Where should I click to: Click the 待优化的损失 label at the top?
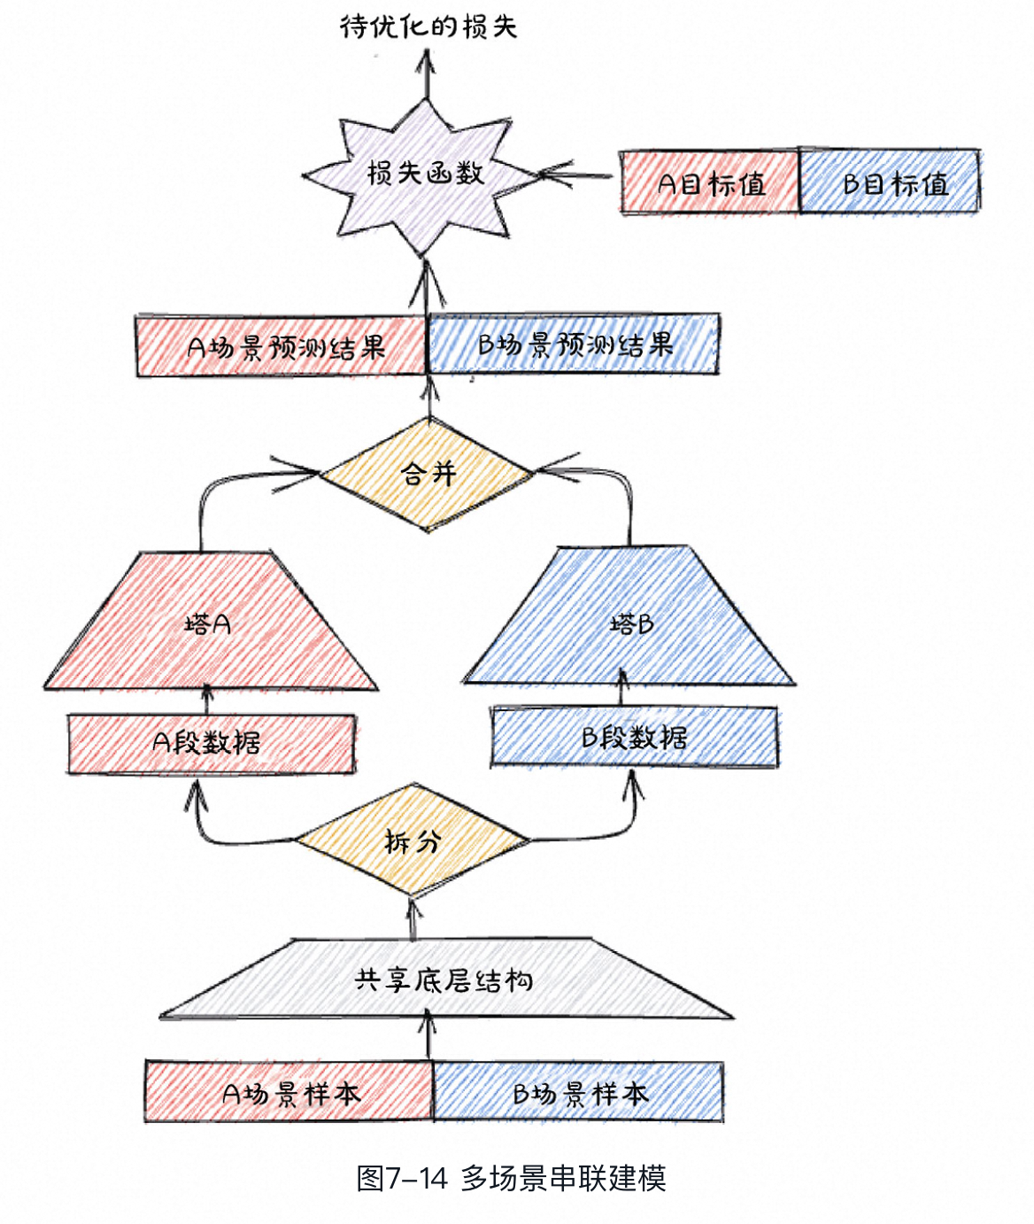point(428,27)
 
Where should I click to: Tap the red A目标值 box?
point(710,182)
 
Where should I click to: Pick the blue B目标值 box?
point(891,182)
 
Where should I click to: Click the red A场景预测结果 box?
point(282,345)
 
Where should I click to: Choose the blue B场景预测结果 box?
point(574,344)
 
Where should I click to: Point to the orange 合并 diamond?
point(428,474)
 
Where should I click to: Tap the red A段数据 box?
point(211,743)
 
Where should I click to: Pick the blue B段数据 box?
point(635,737)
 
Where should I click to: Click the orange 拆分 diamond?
point(412,841)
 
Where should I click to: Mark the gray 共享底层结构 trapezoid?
point(444,980)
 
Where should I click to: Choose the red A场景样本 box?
point(289,1093)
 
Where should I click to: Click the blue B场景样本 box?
point(579,1093)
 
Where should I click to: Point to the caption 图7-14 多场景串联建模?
point(511,1178)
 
